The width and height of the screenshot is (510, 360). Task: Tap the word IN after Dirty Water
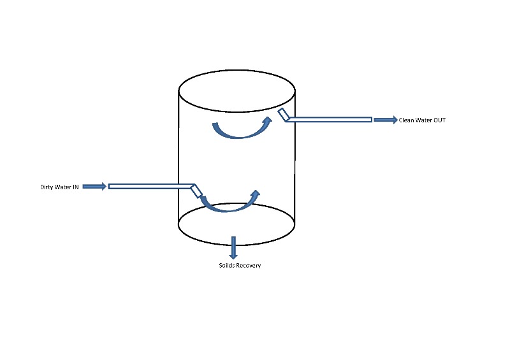pyautogui.click(x=75, y=187)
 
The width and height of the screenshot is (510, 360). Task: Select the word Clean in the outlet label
pyautogui.click(x=407, y=120)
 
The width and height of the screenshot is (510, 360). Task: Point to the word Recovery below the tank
pyautogui.click(x=248, y=265)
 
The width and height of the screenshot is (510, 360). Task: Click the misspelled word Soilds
pyautogui.click(x=227, y=265)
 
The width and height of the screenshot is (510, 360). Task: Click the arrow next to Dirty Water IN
pyautogui.click(x=94, y=186)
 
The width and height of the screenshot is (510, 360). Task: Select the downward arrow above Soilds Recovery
pyautogui.click(x=233, y=247)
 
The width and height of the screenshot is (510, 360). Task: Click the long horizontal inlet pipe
pyautogui.click(x=150, y=186)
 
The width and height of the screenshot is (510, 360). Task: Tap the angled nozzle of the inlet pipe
pyautogui.click(x=196, y=191)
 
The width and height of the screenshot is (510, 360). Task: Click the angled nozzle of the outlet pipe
pyautogui.click(x=284, y=115)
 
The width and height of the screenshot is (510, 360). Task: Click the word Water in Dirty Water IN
pyautogui.click(x=63, y=187)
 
